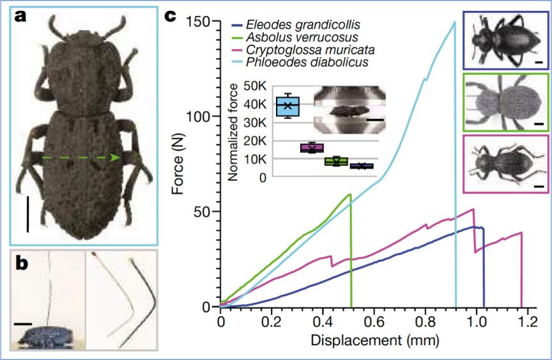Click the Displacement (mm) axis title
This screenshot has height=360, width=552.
point(375,340)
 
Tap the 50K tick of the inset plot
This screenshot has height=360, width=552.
point(255,86)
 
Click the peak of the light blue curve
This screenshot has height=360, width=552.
point(454,22)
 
